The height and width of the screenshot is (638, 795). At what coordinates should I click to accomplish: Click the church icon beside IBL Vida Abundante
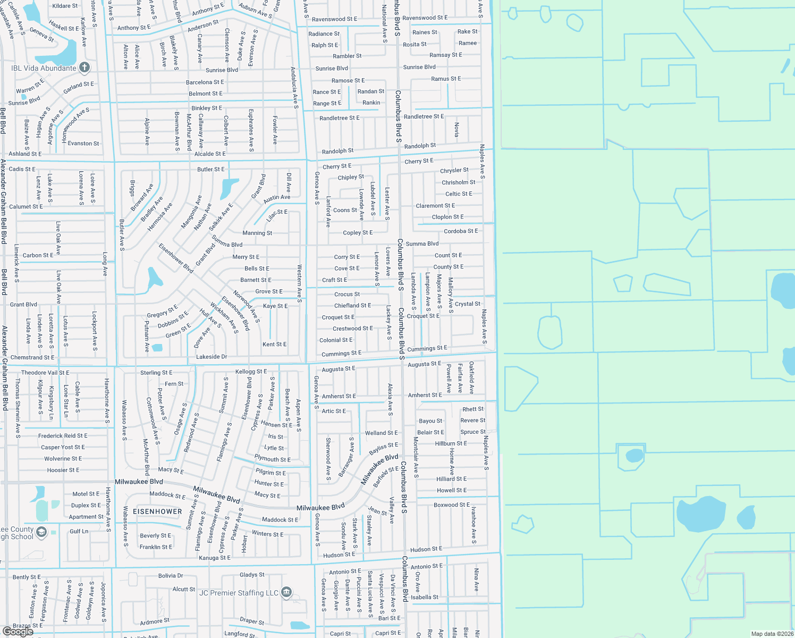coord(84,68)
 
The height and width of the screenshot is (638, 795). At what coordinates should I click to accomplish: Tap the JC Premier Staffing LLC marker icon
coord(286,592)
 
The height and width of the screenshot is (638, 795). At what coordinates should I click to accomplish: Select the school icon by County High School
coord(41,532)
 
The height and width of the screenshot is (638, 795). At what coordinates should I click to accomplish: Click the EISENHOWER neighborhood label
coord(157,511)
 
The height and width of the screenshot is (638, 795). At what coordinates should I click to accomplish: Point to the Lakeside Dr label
coord(212,357)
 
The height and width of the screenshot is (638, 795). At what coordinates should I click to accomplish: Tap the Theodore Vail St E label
coord(45,373)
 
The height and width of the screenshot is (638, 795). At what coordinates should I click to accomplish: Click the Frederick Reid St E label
coord(63,436)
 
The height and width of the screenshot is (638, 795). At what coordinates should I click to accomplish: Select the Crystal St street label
coord(468,304)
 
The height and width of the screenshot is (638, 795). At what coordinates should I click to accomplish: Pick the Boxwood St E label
coord(452,505)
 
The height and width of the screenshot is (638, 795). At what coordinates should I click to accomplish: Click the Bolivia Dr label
coord(171,576)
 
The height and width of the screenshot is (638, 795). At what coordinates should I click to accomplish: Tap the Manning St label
coord(257,233)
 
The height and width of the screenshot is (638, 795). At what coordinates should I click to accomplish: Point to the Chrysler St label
coord(454,171)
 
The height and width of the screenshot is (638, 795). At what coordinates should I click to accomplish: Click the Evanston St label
coord(83,144)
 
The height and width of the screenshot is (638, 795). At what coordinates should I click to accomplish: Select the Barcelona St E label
coord(205,82)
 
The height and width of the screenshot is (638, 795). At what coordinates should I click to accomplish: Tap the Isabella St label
coord(425,598)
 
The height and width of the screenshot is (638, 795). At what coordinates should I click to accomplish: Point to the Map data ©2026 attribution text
coord(772,634)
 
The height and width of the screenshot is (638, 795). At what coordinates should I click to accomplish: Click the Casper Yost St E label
coord(63,447)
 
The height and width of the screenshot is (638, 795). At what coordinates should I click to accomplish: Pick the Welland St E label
coord(381,433)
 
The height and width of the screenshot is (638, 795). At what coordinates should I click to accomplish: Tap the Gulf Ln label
coord(79,531)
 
